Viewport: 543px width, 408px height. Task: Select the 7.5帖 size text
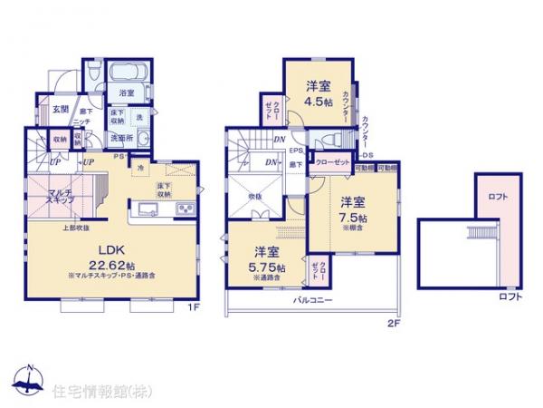[355, 220]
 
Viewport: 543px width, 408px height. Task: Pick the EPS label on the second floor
[296, 151]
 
